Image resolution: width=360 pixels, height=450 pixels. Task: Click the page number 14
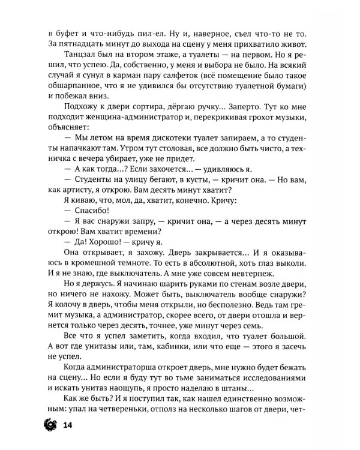(68, 425)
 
